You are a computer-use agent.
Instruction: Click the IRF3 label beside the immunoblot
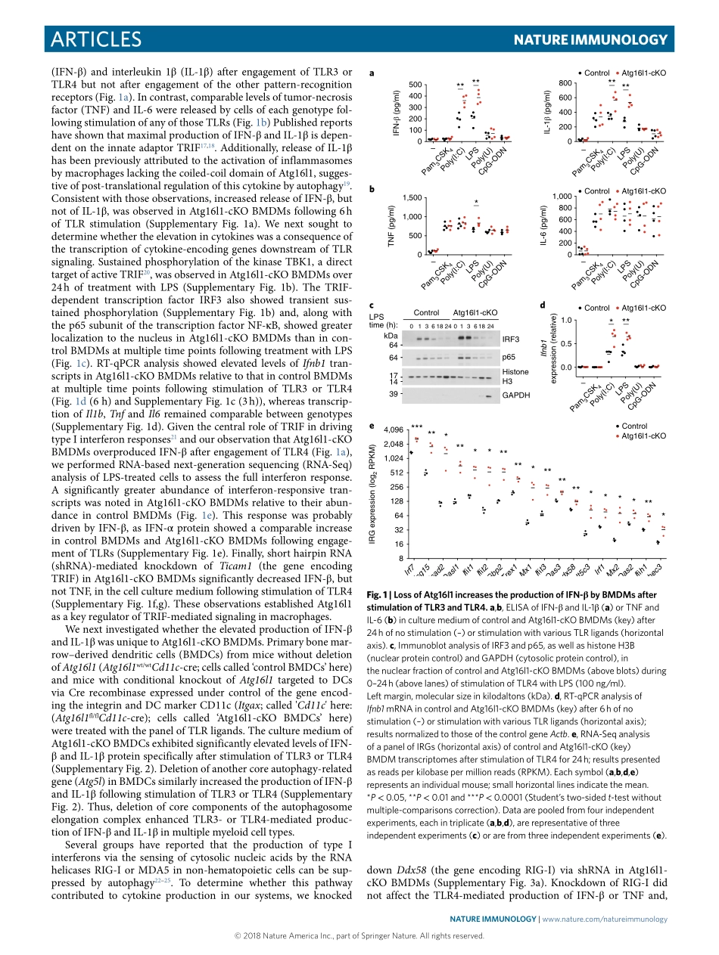tap(510, 340)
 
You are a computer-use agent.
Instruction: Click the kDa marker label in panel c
tap(391, 334)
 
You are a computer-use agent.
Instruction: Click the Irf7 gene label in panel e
tap(409, 568)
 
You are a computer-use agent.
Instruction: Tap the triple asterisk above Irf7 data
tap(416, 428)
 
